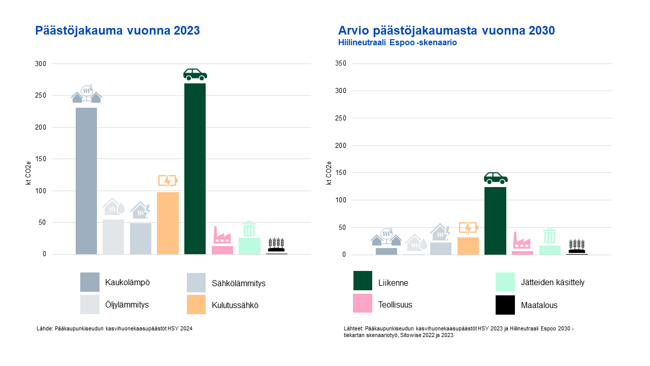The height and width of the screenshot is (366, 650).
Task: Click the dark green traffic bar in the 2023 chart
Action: (195, 168)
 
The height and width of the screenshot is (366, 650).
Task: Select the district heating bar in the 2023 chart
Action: (86, 180)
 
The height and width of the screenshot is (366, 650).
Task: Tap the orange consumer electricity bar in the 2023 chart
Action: (168, 223)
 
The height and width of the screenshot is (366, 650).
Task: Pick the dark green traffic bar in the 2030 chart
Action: (495, 220)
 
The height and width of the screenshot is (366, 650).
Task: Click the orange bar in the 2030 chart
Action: (468, 246)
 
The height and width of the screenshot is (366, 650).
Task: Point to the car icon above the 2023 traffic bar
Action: (195, 75)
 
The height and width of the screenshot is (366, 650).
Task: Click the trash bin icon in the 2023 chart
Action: (249, 229)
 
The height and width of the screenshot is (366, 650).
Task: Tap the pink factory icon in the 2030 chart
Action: (522, 240)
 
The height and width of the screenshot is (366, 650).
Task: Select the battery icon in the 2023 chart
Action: (168, 181)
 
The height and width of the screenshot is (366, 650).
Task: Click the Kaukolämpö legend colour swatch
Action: (90, 282)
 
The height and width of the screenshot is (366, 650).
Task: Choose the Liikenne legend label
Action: (393, 283)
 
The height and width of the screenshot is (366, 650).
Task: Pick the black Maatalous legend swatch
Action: (505, 305)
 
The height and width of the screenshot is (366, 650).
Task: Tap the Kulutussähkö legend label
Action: (235, 306)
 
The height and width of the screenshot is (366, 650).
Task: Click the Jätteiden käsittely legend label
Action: (552, 283)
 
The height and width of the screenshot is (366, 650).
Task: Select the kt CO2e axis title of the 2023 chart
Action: (29, 173)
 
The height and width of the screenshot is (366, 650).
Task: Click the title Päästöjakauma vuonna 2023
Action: (117, 31)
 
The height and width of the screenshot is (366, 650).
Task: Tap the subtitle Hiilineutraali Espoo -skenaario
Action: (398, 43)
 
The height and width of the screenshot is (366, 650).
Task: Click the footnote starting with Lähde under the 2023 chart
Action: (114, 329)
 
